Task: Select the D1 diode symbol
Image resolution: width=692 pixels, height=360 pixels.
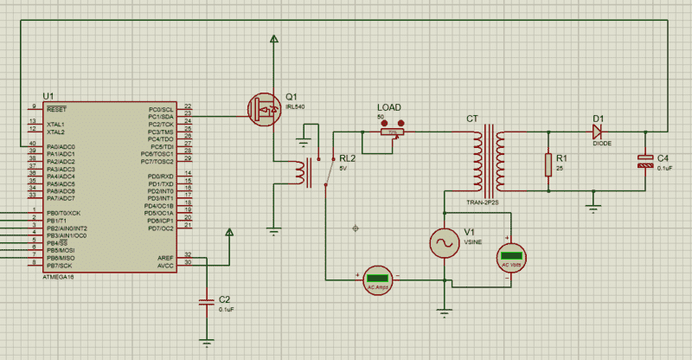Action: [x=597, y=132]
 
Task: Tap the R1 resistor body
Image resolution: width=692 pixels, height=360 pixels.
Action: [x=547, y=164]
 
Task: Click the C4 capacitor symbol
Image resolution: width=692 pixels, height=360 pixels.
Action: [x=645, y=163]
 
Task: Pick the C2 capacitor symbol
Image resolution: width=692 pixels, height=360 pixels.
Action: [x=206, y=302]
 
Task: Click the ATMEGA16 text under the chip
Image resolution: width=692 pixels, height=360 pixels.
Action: [x=60, y=277]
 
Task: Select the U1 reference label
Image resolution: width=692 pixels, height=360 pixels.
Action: [x=48, y=95]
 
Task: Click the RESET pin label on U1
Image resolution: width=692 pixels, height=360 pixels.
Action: [x=57, y=110]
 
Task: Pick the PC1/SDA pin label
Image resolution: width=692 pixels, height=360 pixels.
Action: [x=161, y=117]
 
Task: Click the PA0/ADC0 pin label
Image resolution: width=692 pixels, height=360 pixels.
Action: [x=61, y=147]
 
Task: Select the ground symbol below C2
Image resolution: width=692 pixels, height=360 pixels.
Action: [x=206, y=340]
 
